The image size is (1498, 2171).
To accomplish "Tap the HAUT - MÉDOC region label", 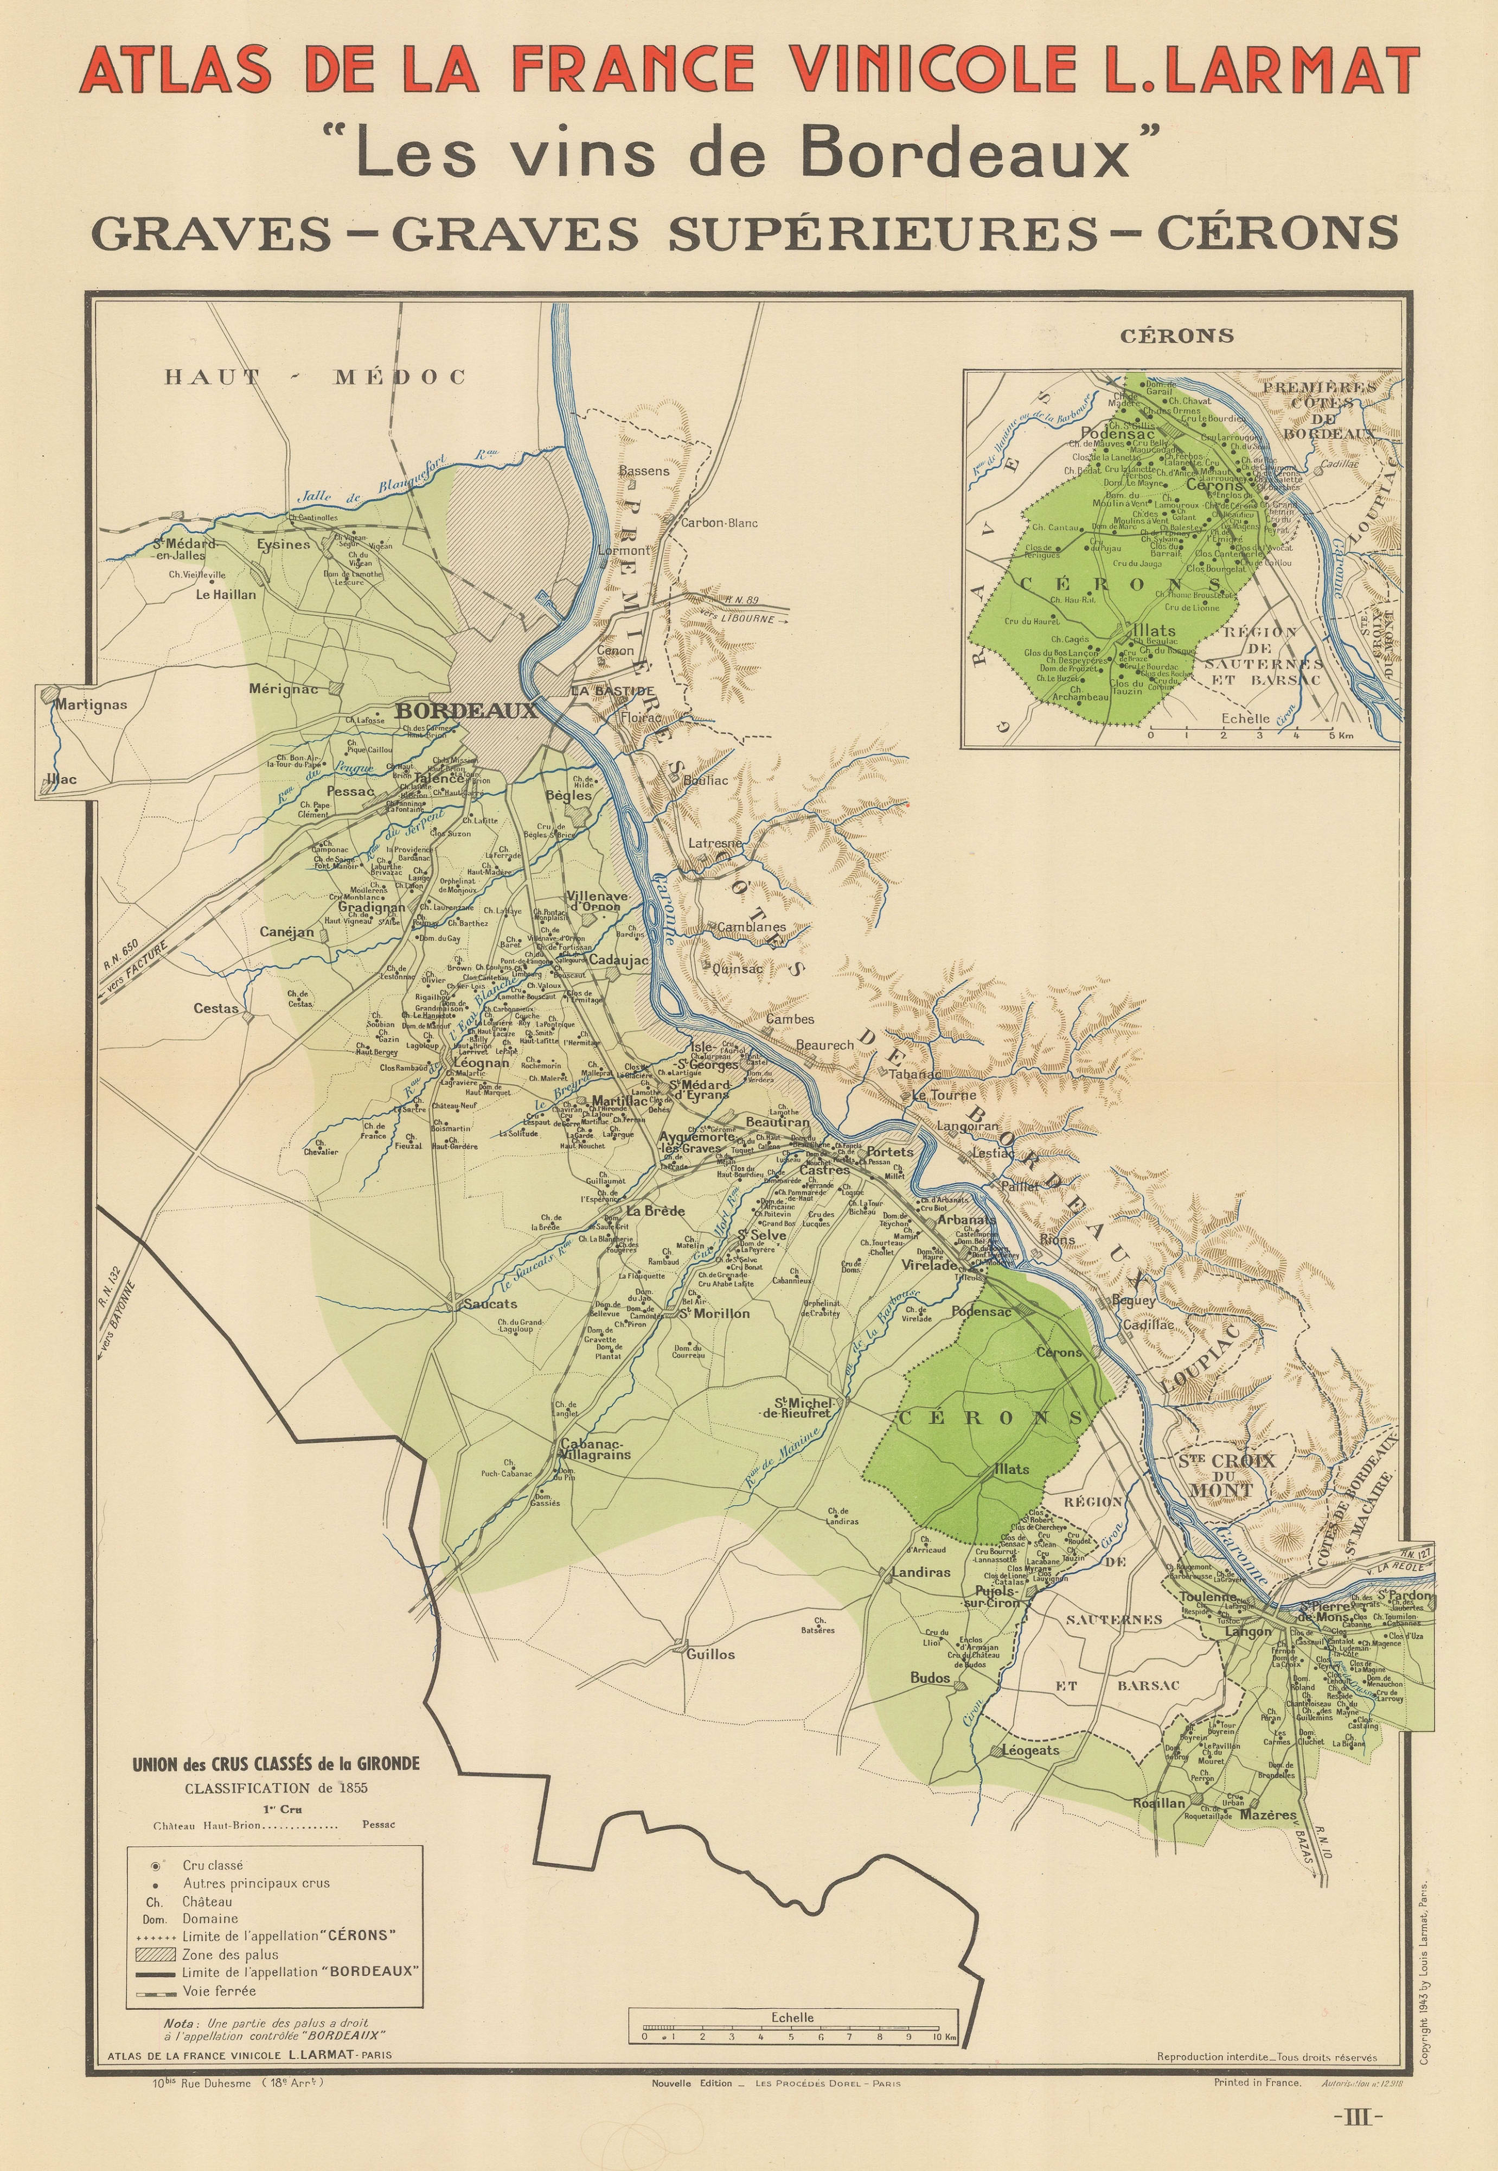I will tap(315, 378).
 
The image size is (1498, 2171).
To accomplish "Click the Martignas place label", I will tap(90, 704).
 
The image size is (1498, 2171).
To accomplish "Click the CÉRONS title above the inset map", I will tap(1176, 336).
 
